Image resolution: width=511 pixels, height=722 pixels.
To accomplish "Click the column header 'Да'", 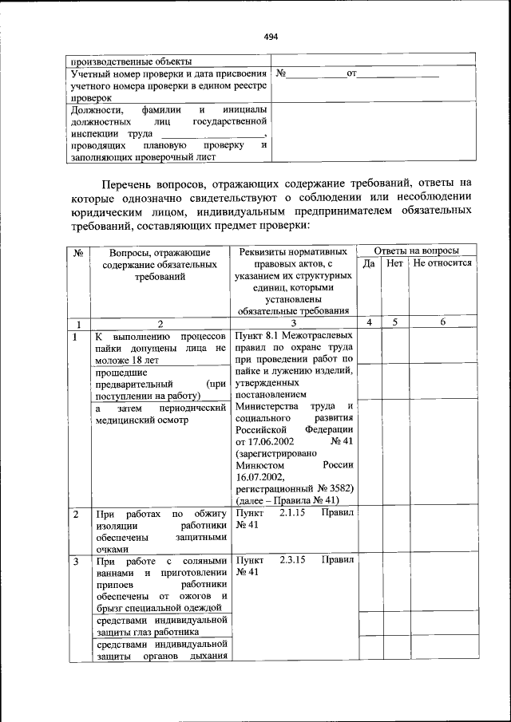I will click(369, 262).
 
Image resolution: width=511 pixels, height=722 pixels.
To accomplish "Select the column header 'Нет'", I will click(394, 262).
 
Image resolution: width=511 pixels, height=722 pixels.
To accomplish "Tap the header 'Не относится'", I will click(442, 262).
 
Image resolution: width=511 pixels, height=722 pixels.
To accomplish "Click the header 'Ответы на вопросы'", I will click(416, 250).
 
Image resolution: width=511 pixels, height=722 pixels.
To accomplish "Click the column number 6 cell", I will click(442, 322).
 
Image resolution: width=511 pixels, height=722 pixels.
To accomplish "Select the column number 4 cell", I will click(369, 322).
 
